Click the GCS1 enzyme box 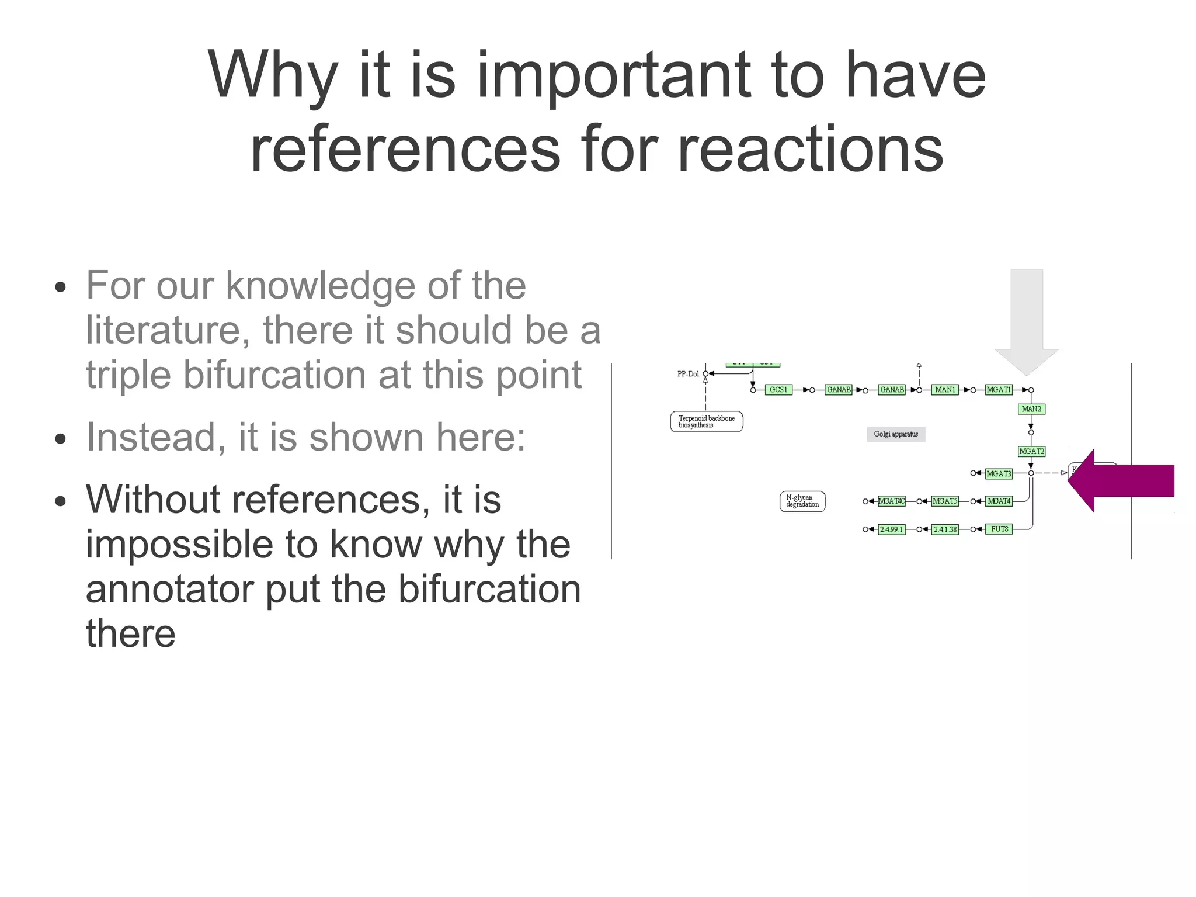click(778, 390)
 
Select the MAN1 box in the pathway click(944, 390)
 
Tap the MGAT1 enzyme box click(998, 390)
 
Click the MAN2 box click(1031, 409)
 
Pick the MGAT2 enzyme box click(1031, 451)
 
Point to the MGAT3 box click(998, 473)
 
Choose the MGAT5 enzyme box click(944, 501)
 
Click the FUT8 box click(999, 529)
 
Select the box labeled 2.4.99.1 click(891, 529)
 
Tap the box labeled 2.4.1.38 click(944, 529)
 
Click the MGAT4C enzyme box click(891, 501)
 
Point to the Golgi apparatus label click(896, 434)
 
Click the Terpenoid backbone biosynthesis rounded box click(706, 421)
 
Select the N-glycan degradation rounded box click(802, 501)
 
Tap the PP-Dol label click(687, 374)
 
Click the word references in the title click(405, 150)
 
